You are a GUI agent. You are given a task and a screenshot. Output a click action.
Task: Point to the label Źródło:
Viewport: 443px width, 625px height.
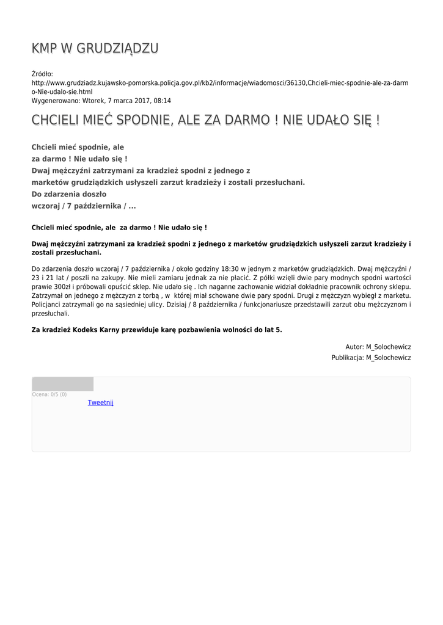pyautogui.click(x=43, y=74)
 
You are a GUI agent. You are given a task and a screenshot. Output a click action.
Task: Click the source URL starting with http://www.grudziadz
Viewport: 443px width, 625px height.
pyautogui.click(x=220, y=82)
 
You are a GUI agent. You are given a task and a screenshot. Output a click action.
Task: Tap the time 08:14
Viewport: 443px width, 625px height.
pyautogui.click(x=162, y=101)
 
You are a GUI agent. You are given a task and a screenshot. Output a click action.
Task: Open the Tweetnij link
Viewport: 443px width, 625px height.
pyautogui.click(x=101, y=402)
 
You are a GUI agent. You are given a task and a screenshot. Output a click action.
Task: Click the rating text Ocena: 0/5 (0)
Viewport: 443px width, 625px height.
pyautogui.click(x=49, y=394)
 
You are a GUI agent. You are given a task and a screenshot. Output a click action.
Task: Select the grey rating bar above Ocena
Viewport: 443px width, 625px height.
pyautogui.click(x=62, y=384)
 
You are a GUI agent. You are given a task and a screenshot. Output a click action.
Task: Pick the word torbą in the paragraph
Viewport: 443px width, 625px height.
pyautogui.click(x=148, y=295)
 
